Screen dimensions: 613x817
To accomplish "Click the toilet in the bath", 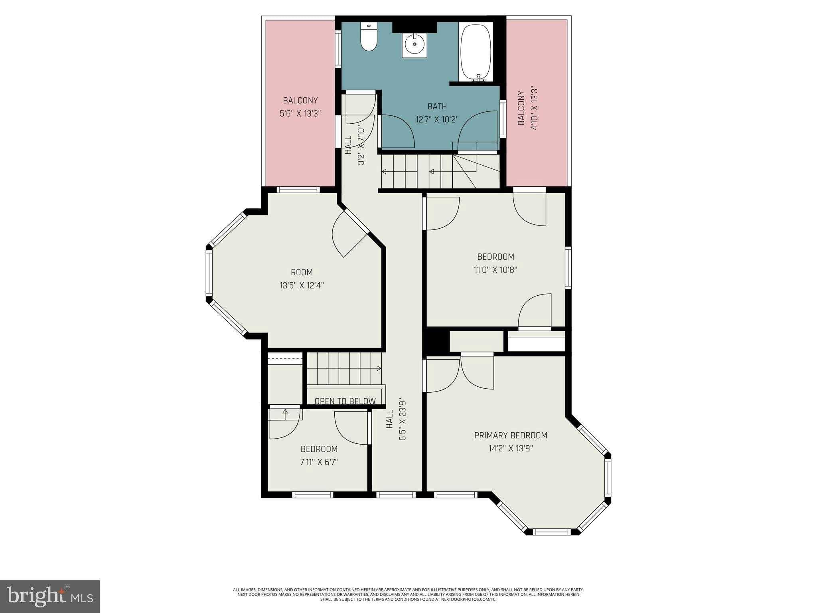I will point(369,38).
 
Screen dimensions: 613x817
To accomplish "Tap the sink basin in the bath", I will point(414,45).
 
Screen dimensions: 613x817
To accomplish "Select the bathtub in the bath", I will point(476,52).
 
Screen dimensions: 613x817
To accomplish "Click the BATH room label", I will point(437,107).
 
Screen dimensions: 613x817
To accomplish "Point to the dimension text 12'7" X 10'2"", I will point(437,119).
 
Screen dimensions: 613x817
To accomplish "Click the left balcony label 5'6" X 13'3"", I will point(300,113).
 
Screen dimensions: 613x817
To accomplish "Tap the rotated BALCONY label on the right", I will point(521,108).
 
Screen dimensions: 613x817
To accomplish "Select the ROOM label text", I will point(302,273).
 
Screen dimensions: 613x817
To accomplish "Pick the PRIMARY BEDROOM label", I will point(511,435).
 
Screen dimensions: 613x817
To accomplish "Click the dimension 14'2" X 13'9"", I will point(511,448).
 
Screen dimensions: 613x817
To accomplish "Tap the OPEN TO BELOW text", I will point(345,401).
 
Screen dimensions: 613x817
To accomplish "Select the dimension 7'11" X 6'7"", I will point(319,462).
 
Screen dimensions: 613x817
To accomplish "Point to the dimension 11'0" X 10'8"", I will point(495,270).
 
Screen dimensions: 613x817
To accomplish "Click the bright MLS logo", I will point(50,596).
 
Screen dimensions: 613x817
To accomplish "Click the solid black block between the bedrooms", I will point(436,340).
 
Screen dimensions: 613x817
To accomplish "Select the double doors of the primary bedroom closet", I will point(477,371).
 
